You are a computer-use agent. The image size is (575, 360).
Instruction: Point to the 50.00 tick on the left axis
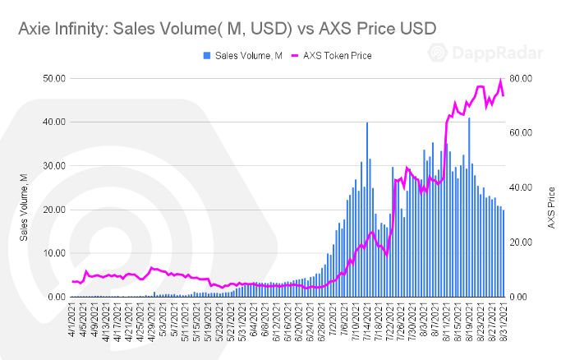54,78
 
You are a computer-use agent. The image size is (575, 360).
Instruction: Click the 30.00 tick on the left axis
54,165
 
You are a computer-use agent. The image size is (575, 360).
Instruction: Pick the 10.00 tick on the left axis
54,253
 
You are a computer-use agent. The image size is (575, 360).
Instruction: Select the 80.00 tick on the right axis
523,78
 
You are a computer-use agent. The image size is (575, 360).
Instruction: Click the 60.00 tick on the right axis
523,132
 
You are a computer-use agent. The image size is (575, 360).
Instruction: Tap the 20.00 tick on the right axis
523,242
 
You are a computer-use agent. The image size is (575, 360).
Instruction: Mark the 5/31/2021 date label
241,325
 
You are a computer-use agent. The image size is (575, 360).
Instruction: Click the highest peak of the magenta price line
500,81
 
